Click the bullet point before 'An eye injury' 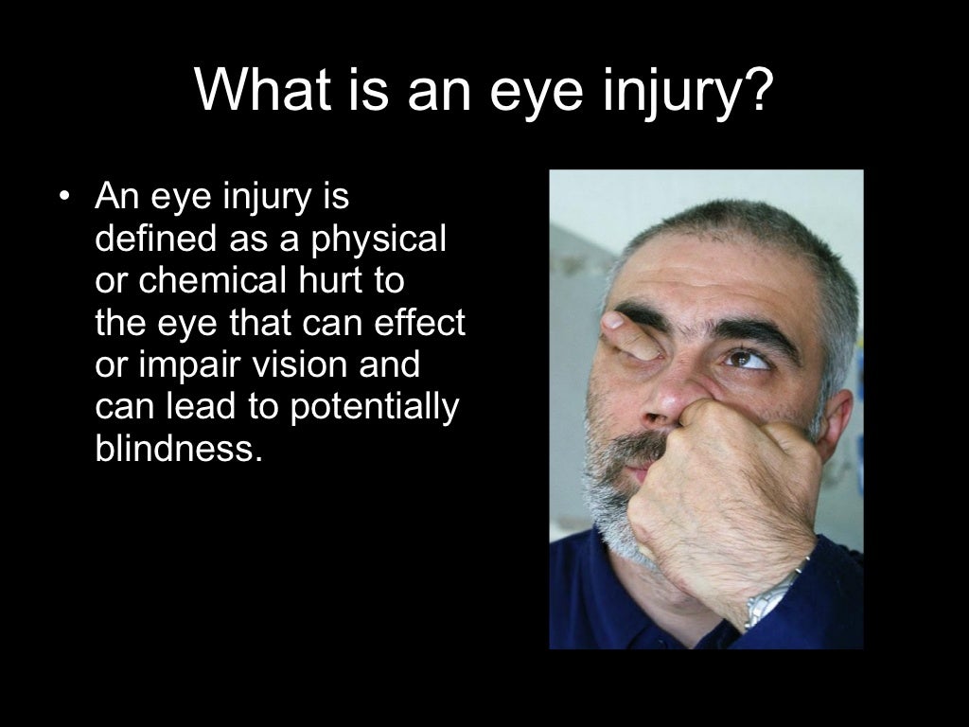pos(63,198)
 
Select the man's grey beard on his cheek pos(606,473)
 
